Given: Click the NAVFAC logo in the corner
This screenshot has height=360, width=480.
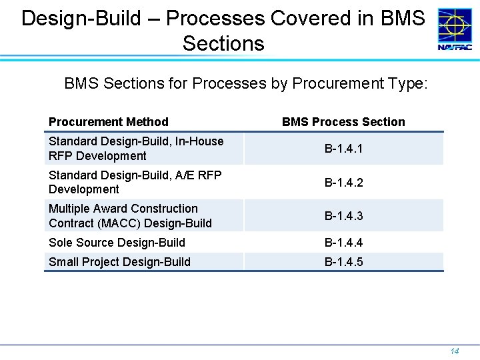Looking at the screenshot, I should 454,29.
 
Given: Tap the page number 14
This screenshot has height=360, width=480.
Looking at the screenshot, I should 455,351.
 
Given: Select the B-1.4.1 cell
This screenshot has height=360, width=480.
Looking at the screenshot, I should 343,149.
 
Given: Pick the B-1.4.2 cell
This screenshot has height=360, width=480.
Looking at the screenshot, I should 343,182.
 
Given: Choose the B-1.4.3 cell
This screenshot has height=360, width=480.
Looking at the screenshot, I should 343,216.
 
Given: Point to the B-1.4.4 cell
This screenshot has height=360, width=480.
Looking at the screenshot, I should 343,243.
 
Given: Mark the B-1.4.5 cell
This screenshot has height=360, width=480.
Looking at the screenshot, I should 343,262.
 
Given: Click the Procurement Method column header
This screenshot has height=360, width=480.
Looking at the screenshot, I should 108,122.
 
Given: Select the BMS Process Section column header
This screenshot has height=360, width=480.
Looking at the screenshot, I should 343,122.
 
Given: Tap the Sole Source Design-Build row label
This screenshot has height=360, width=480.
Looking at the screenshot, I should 117,243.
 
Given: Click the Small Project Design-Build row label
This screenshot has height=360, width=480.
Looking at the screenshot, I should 119,262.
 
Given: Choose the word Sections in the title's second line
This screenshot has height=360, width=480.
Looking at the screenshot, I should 223,44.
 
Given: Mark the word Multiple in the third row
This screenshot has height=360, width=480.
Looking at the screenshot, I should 71,209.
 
